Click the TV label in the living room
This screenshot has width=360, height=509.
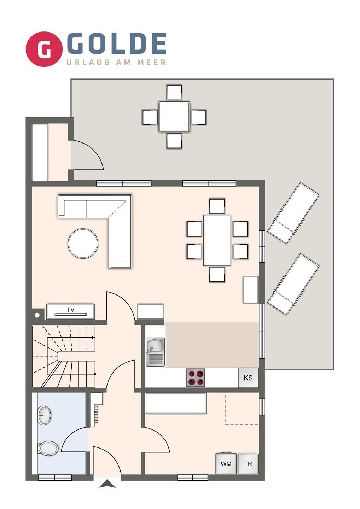[71, 310]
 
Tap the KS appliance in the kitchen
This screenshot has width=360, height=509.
[248, 378]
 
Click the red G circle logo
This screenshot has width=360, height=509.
[44, 49]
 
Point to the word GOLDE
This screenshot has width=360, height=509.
[116, 43]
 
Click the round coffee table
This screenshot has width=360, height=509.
[83, 243]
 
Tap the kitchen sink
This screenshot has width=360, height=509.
[155, 352]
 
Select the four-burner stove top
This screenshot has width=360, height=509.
[196, 378]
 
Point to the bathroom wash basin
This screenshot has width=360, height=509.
[44, 415]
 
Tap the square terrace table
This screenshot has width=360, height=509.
[174, 117]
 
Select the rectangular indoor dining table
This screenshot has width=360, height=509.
[217, 240]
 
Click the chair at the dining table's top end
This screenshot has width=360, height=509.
[217, 206]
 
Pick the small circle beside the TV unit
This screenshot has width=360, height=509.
[37, 315]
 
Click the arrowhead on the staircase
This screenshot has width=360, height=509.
[93, 338]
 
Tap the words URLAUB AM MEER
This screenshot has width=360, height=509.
[116, 62]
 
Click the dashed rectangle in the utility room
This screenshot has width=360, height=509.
[242, 408]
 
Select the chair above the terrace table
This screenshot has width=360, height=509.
[174, 93]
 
